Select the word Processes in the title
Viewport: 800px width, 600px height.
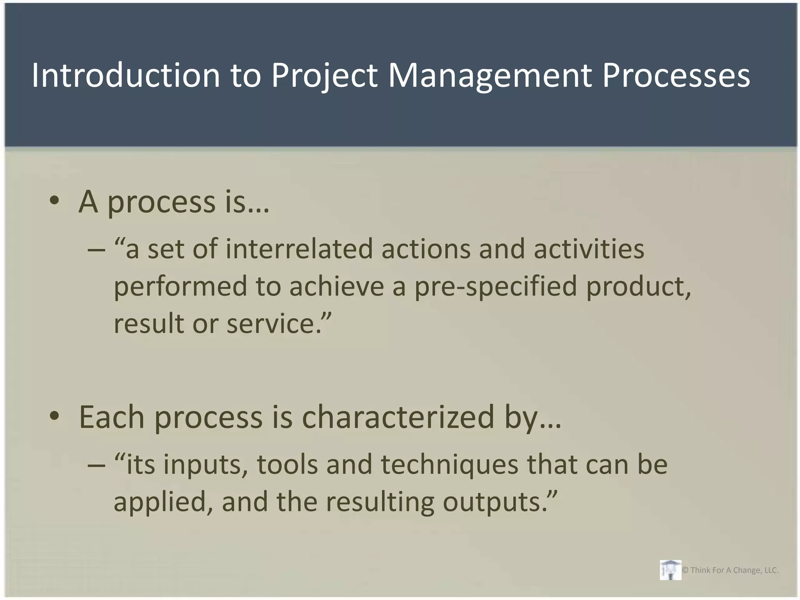point(676,75)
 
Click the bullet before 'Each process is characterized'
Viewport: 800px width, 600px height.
point(54,416)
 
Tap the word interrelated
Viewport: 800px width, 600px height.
point(299,249)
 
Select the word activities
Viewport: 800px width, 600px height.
point(589,249)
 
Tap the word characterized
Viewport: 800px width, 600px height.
point(398,417)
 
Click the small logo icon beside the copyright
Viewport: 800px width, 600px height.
point(670,570)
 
